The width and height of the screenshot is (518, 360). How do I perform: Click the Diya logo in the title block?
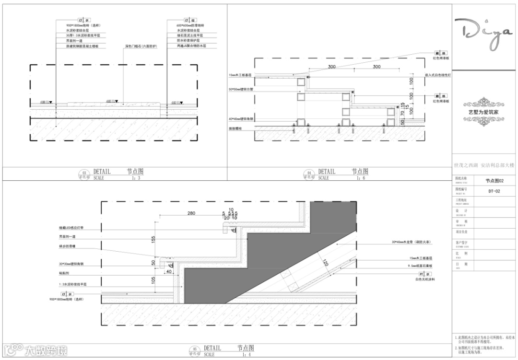484,35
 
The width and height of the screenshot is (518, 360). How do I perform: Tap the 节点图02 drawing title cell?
494,180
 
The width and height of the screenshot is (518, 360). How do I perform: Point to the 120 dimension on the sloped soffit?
325,262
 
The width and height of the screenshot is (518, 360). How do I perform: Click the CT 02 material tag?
173,21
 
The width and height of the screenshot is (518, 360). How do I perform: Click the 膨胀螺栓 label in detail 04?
236,129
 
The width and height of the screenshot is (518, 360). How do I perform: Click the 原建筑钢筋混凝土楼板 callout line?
82,46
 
